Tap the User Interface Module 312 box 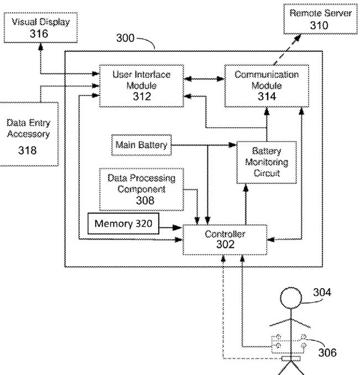(142, 86)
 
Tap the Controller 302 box (224, 239)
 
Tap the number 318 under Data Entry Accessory (27, 150)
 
